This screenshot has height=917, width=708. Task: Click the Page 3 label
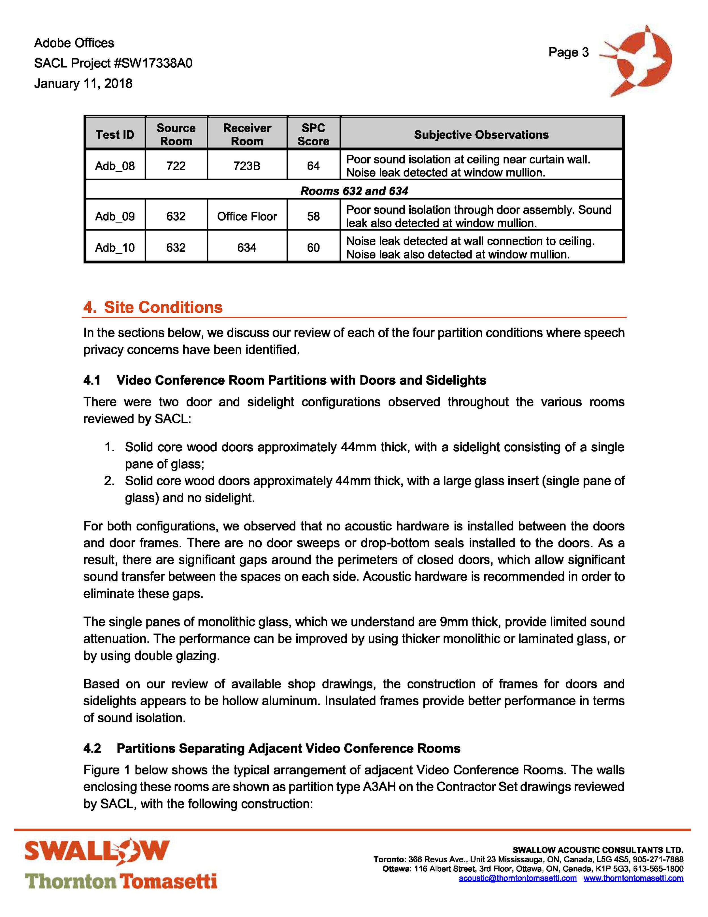click(x=568, y=52)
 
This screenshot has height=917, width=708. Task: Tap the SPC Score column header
click(x=313, y=134)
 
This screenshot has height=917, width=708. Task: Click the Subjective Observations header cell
click(x=481, y=135)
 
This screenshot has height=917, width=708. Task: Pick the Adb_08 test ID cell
click(x=115, y=166)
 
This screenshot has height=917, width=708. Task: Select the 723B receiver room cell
click(x=247, y=166)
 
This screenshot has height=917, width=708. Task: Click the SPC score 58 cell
click(x=313, y=216)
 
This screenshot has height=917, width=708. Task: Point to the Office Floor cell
click(x=247, y=216)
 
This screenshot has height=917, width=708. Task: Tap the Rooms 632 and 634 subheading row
click(x=354, y=191)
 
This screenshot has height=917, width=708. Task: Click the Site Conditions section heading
click(x=163, y=307)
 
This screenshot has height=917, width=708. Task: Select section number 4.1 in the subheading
click(x=92, y=380)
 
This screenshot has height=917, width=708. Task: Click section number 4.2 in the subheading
click(x=92, y=749)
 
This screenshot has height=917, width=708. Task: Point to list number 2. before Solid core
click(x=109, y=481)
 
